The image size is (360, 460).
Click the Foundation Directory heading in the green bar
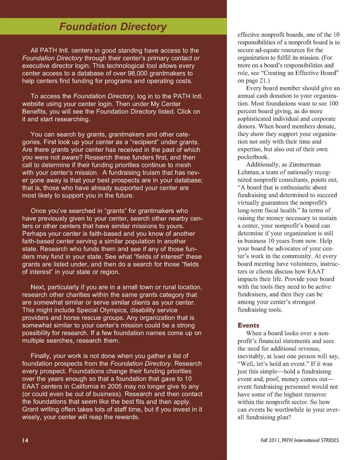click(x=113, y=27)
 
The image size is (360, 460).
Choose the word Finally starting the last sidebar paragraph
click(x=42, y=356)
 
